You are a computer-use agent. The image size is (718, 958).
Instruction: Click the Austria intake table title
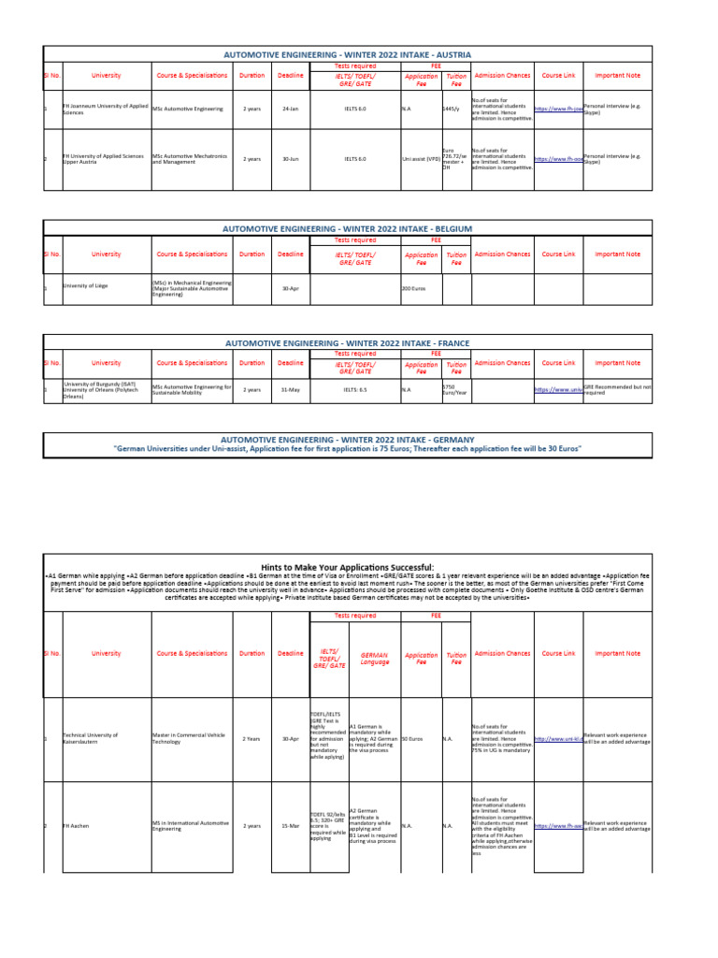coord(347,55)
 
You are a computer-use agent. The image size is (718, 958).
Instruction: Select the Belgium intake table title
coord(347,228)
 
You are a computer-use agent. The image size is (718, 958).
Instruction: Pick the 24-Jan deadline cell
coord(290,109)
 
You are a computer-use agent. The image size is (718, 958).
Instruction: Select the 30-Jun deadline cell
coord(290,159)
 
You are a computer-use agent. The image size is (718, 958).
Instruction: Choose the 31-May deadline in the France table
coord(290,389)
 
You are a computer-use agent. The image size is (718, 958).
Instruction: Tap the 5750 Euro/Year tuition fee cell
coord(455,389)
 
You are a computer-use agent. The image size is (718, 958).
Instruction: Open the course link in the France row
coord(558,389)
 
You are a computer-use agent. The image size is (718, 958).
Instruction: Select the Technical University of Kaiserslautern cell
coord(90,738)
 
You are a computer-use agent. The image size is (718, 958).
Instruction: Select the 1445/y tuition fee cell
coord(451,109)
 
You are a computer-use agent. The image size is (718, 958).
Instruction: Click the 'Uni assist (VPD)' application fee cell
coord(421,159)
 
